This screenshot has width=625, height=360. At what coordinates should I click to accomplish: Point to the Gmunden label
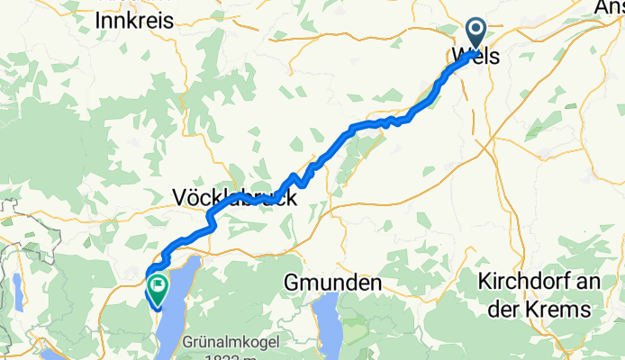point(331,283)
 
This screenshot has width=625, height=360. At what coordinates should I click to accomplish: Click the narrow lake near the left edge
point(17,292)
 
